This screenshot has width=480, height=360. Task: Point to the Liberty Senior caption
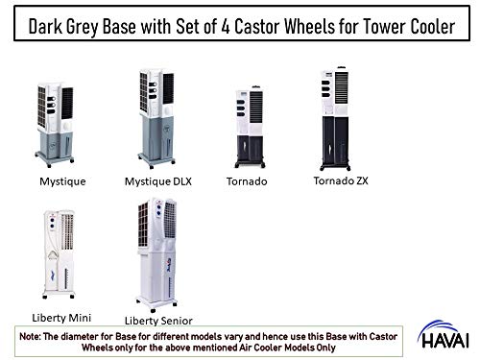[159, 319]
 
